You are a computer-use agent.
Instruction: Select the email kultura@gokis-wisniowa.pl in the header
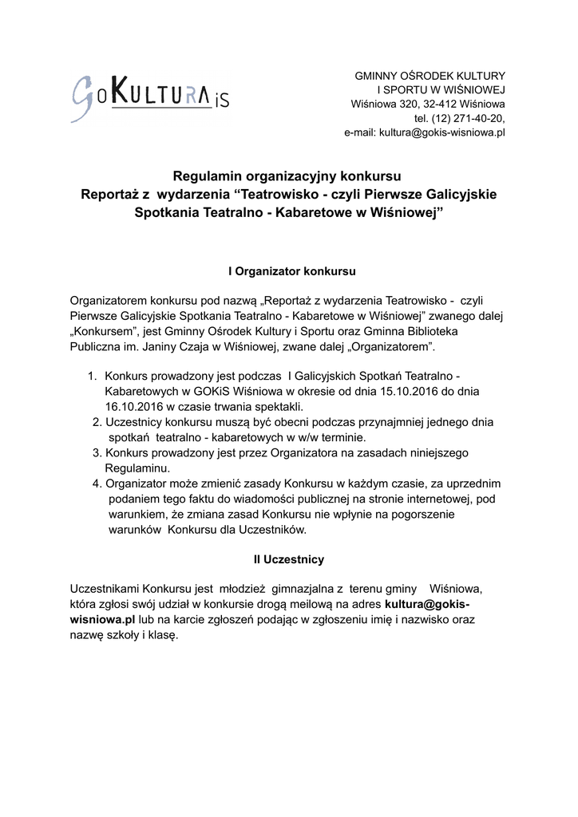pos(442,132)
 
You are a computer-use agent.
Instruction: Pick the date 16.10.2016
pos(126,406)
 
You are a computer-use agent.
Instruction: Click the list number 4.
pos(97,483)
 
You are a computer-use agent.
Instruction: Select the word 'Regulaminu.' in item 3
pos(133,468)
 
